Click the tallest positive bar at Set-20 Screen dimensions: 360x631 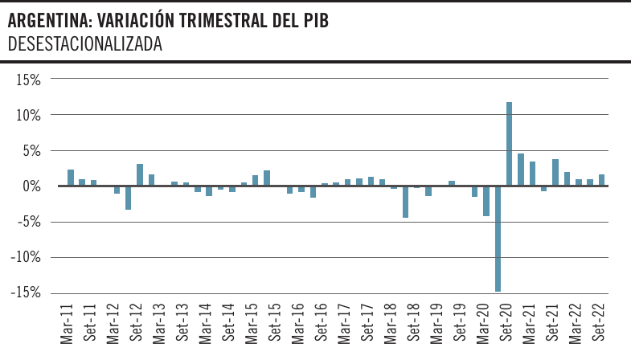510,144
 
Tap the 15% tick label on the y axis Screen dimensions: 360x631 29,80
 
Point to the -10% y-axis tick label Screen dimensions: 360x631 26,258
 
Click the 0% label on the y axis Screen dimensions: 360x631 32,186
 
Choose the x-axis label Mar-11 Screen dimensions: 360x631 68,323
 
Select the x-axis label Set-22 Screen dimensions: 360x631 598,323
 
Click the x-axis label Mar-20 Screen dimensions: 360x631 482,323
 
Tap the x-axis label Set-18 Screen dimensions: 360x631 412,323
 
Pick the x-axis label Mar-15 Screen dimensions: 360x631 251,323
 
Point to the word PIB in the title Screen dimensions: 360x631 313,22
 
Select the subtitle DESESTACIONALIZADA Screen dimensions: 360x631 85,45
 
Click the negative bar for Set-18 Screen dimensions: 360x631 406,202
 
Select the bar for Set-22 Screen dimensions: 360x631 601,180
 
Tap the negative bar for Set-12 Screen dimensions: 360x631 129,198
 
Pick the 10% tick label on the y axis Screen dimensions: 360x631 29,115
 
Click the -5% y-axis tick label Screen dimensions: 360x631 29,222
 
